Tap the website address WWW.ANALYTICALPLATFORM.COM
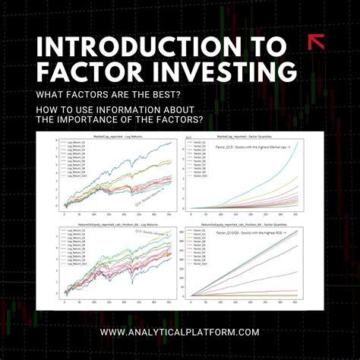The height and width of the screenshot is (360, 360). pyautogui.click(x=179, y=332)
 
